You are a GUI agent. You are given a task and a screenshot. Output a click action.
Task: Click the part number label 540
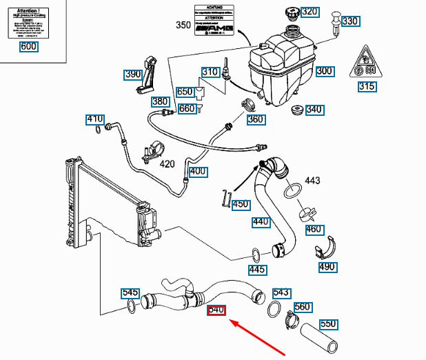[217, 310]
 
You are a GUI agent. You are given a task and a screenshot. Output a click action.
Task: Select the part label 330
[350, 21]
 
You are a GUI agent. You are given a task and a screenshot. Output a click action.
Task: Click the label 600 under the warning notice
[29, 47]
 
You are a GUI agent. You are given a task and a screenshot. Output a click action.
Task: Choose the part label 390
[133, 74]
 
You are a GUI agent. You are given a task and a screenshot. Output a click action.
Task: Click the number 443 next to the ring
[313, 181]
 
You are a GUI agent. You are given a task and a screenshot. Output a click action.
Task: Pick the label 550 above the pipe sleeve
[328, 323]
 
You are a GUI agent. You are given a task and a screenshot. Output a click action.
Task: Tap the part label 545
[130, 292]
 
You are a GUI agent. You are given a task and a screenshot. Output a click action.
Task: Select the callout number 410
[94, 119]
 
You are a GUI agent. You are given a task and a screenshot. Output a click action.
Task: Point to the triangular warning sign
[364, 63]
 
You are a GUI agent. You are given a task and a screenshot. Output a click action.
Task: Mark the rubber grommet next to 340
[297, 111]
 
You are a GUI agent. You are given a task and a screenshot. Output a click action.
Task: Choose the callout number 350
[183, 26]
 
